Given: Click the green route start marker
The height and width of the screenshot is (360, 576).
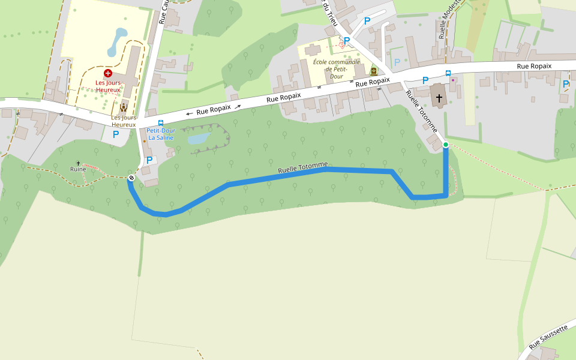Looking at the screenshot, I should (x=446, y=145).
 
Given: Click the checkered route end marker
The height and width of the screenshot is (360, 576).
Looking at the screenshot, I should (x=131, y=177).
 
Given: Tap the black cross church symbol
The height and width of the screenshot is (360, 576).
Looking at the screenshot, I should (x=439, y=98).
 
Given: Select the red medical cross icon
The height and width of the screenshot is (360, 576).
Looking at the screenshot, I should (x=108, y=73).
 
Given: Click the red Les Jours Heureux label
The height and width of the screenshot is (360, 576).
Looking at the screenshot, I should (x=108, y=86).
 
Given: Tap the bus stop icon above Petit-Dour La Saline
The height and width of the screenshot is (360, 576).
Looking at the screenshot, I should (x=160, y=122).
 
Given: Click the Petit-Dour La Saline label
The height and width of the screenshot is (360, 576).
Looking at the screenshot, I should (x=160, y=134).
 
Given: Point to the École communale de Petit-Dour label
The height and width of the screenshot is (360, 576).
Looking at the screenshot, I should (x=336, y=69).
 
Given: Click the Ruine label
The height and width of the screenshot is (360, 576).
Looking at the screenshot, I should (x=78, y=169).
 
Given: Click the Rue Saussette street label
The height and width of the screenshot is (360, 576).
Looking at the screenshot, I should (x=548, y=337).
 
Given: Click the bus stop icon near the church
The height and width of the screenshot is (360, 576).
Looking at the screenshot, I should (x=448, y=73).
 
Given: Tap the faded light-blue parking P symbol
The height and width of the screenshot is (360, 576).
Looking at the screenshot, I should (x=397, y=62).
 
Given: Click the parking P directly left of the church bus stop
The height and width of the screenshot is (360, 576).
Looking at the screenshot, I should (x=425, y=80).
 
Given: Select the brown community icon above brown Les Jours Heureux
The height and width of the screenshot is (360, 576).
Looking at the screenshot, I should (x=124, y=107).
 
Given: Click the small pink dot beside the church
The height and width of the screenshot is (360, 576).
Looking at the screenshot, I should (x=453, y=80).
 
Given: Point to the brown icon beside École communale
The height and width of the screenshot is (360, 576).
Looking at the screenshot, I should (x=373, y=71).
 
